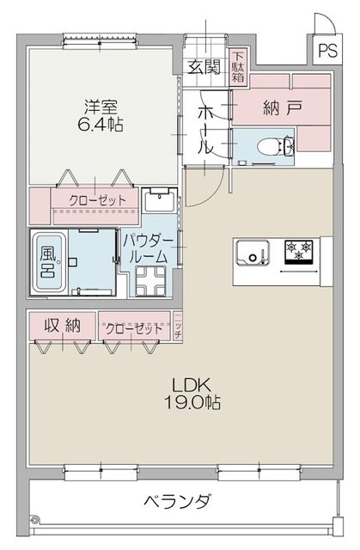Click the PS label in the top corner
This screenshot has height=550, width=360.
click(x=326, y=50)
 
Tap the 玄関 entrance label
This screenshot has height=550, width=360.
click(x=204, y=66)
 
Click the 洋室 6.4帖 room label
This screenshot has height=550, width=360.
click(x=101, y=116)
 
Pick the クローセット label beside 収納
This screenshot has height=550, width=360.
click(x=134, y=328)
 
